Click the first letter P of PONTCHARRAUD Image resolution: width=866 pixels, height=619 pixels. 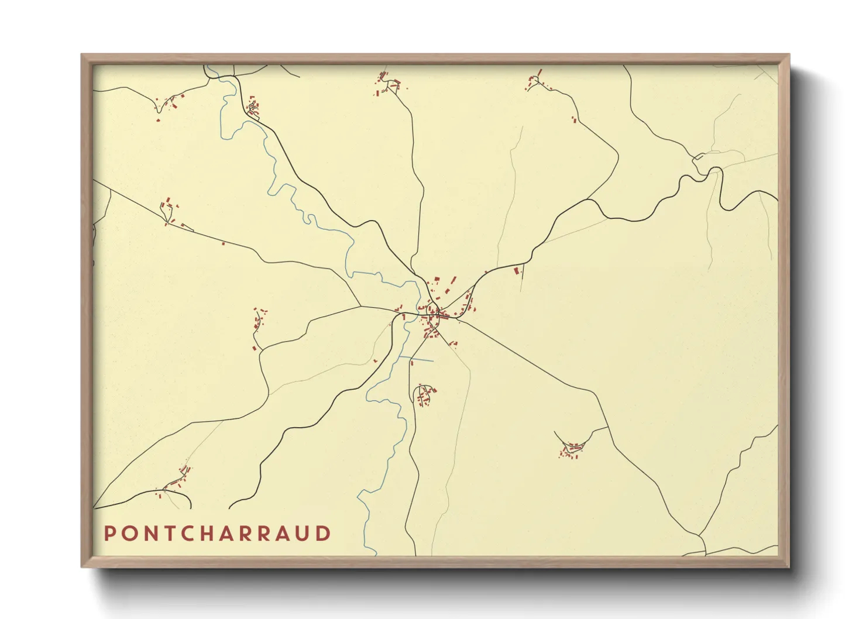[x=109, y=534]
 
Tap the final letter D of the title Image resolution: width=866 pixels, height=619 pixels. [x=324, y=534]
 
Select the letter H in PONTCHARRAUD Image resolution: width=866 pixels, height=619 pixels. [x=218, y=534]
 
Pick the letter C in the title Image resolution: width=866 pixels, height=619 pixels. [x=193, y=534]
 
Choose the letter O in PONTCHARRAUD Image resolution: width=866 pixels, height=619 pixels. [x=127, y=534]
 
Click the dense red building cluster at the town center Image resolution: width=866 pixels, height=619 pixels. [x=434, y=316]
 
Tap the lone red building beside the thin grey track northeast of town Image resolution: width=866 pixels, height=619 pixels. [x=516, y=270]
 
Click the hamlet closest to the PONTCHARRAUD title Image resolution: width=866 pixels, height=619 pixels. [x=176, y=483]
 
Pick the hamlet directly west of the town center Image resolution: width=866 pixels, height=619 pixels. [x=258, y=325]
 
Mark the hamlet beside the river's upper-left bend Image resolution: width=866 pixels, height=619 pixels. [x=253, y=108]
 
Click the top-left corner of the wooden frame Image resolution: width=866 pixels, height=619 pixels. [x=82, y=55]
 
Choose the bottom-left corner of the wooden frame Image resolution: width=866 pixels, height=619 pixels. [x=82, y=566]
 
